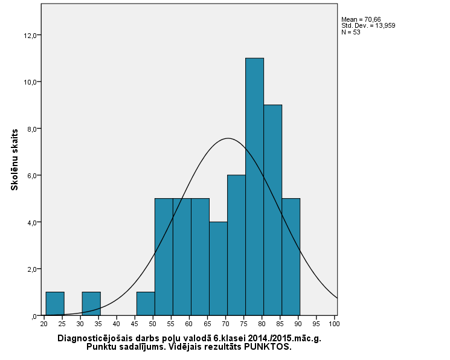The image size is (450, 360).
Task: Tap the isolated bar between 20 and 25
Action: coord(55,303)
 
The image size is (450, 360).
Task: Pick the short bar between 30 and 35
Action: coord(91,303)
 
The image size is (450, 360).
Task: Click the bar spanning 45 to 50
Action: coord(146,303)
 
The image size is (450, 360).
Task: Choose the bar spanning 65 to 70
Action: coord(218,268)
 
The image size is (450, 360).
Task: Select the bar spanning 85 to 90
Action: coord(291,257)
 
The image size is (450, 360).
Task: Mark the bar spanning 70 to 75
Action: coord(236,245)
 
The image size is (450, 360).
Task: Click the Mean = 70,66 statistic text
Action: coord(361,19)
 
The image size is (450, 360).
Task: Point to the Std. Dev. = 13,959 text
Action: coord(368,25)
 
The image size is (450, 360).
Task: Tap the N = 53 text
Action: coord(351,32)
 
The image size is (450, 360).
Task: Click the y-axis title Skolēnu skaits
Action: coord(14,159)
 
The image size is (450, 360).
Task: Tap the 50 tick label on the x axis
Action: coord(152,324)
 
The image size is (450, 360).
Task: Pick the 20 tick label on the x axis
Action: coord(43,324)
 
